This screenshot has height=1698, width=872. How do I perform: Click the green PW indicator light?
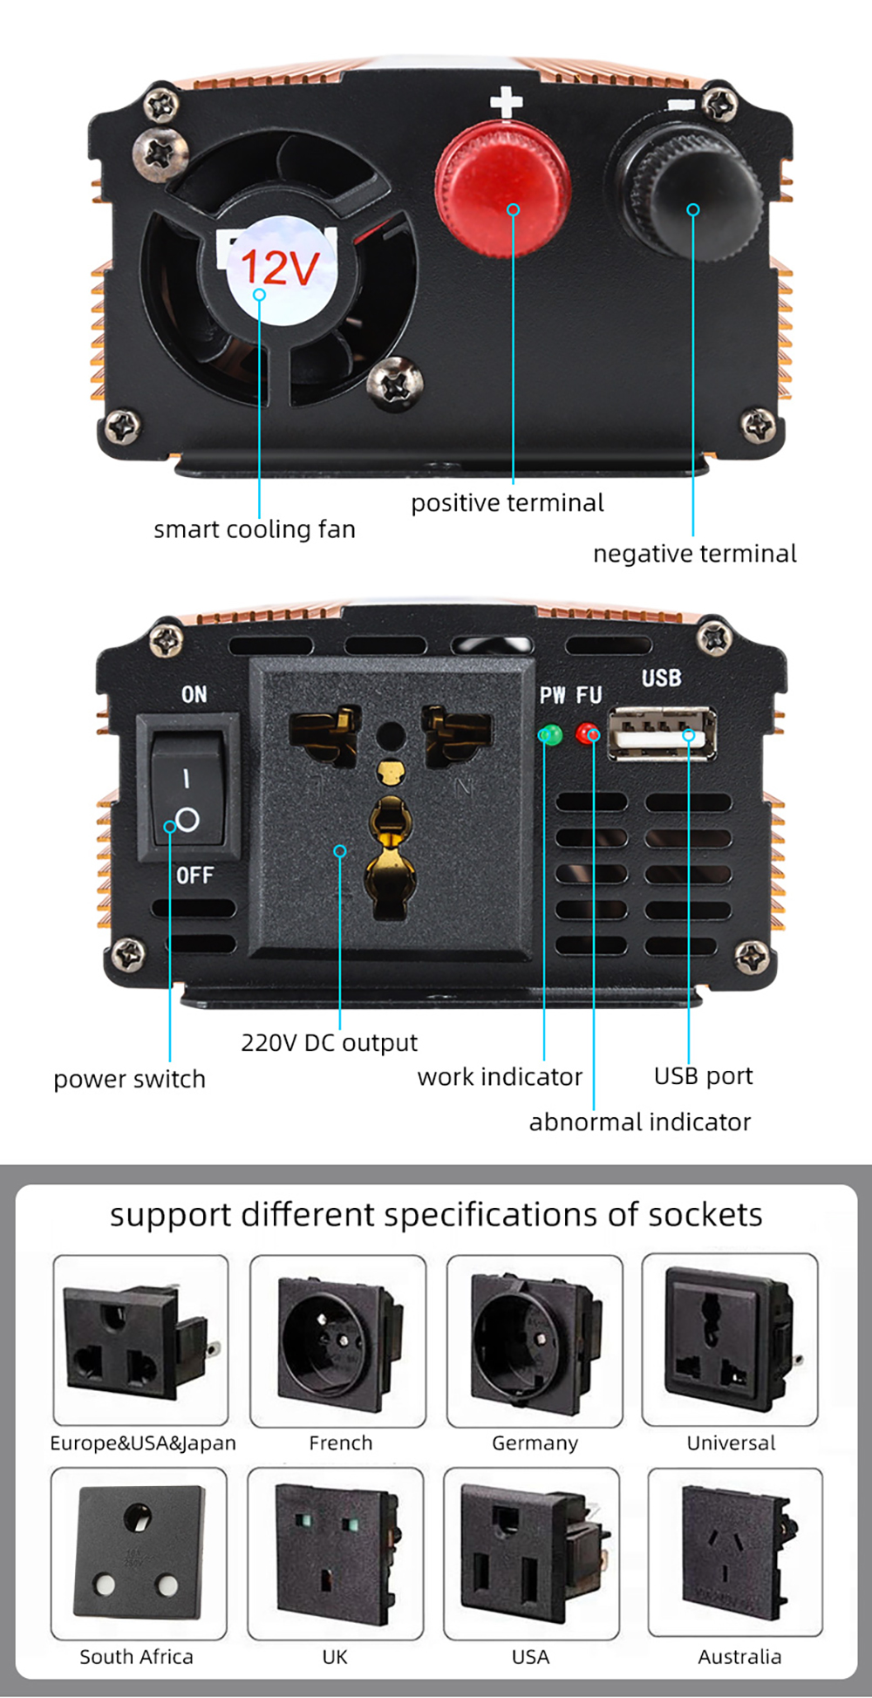(x=550, y=734)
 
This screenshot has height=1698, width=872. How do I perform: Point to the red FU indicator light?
(x=588, y=733)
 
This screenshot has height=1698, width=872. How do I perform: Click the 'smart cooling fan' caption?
(x=255, y=529)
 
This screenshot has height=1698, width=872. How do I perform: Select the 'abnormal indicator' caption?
(x=639, y=1122)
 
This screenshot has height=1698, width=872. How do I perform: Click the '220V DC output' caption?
(x=329, y=1042)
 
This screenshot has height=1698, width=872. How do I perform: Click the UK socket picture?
(x=336, y=1552)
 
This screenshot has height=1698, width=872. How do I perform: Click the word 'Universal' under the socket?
(x=731, y=1443)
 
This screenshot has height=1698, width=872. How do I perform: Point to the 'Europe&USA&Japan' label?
(x=143, y=1443)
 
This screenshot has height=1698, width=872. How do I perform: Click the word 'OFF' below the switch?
(x=194, y=875)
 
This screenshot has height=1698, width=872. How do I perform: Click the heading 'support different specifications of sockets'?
(x=436, y=1215)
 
